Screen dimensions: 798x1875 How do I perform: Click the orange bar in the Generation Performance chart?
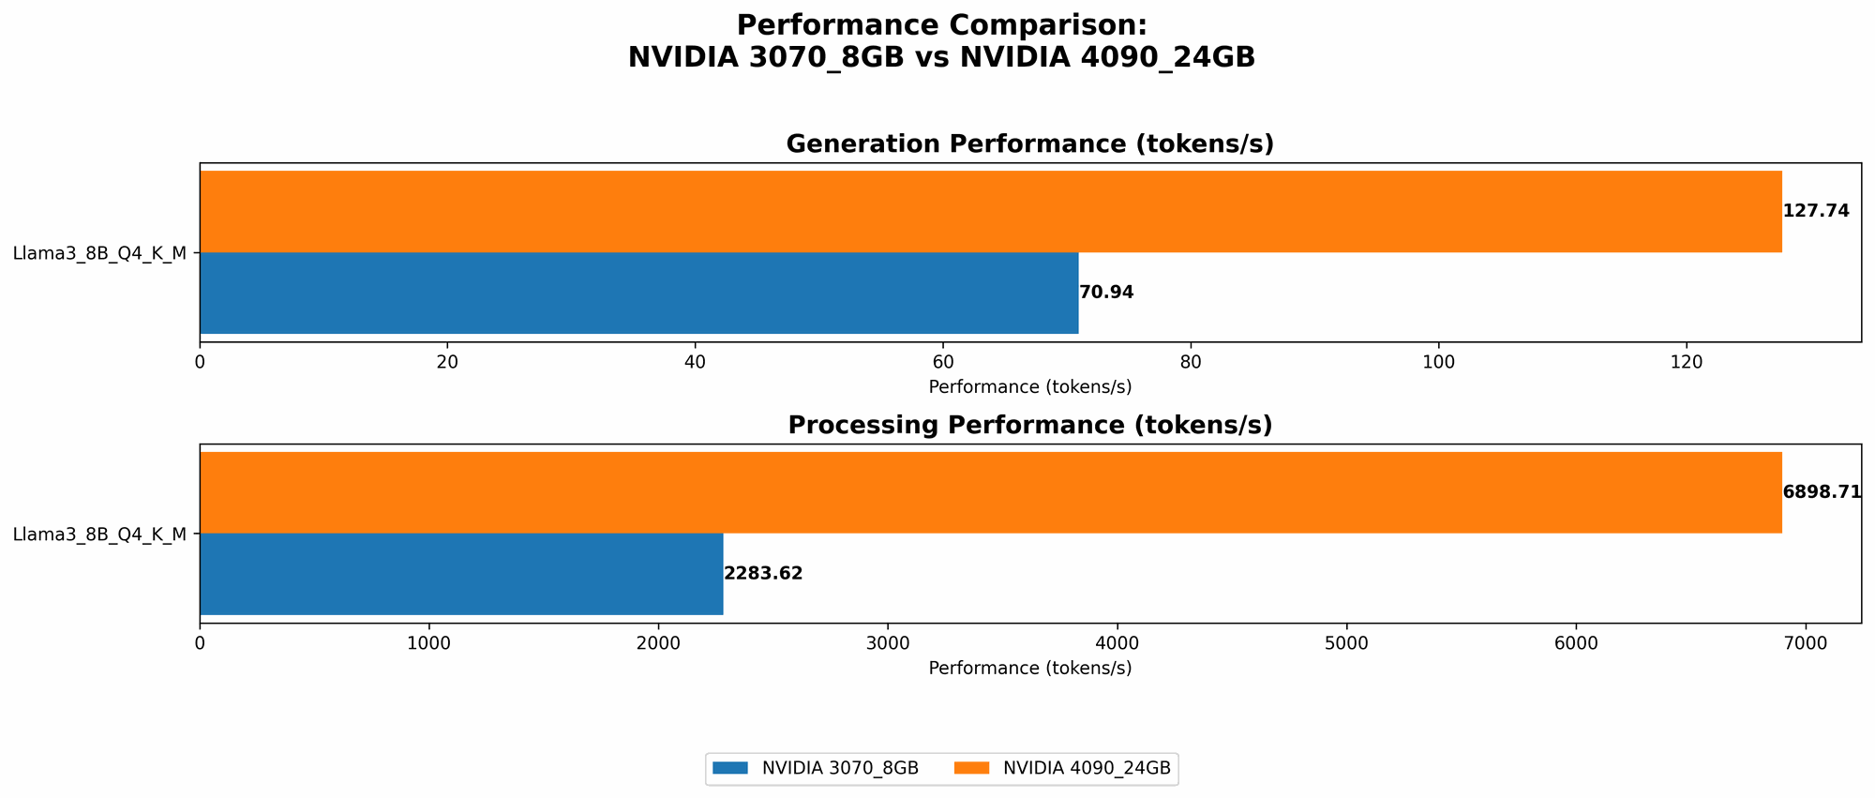click(990, 211)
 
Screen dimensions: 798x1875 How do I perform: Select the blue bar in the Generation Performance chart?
click(638, 293)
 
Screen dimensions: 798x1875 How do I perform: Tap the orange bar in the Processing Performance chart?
click(990, 492)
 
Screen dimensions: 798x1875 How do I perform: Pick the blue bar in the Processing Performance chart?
click(461, 574)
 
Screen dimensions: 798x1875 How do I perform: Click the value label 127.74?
click(1816, 211)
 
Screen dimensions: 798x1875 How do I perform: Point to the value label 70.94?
click(1106, 293)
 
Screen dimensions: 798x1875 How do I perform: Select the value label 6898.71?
click(1822, 492)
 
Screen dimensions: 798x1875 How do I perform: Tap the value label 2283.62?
click(763, 574)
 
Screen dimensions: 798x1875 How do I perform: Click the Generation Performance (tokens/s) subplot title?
click(1029, 144)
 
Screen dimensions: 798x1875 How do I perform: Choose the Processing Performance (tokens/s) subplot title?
click(1029, 426)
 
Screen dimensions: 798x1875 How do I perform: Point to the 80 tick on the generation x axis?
click(1191, 362)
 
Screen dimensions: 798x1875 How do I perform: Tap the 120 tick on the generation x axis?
click(1687, 362)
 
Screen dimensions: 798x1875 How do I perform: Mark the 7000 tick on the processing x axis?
click(1806, 643)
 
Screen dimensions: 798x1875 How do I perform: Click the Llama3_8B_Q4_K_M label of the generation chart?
click(99, 253)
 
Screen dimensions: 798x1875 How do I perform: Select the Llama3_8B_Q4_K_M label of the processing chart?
click(99, 535)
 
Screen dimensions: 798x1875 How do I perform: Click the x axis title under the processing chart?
click(1029, 669)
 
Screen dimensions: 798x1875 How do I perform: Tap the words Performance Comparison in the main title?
click(941, 25)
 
